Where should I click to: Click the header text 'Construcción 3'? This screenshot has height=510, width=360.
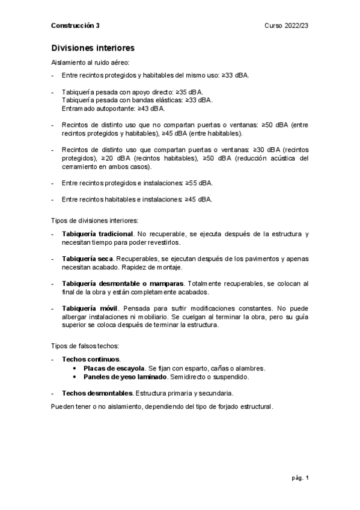pos(76,26)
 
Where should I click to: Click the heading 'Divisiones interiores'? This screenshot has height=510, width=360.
pos(93,48)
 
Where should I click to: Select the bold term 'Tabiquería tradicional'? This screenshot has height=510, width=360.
pos(97,233)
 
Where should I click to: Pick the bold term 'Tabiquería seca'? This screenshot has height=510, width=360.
pos(88,258)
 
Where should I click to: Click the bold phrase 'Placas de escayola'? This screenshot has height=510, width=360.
pos(114,367)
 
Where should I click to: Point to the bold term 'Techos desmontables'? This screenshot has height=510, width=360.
pos(97,393)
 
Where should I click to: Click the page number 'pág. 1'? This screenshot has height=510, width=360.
pos(300,478)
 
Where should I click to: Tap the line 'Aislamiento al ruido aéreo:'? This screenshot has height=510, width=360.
pos(90,62)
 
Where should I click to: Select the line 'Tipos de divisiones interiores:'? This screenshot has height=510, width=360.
pos(96,220)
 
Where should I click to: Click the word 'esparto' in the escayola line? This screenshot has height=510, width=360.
pos(195,367)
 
